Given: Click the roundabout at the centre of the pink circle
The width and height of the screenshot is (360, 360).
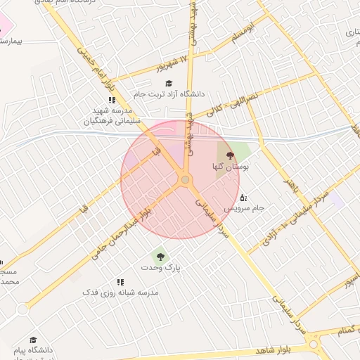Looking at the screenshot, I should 185,181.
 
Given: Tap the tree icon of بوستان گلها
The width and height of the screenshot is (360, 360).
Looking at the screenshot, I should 230,155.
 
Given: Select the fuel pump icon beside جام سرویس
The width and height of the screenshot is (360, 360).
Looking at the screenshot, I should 243,198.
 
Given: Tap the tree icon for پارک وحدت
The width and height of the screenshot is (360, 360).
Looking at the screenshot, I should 160,257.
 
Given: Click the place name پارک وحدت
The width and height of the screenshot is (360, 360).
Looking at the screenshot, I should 155,268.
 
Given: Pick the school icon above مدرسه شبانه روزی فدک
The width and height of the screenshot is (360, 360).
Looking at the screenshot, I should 121,281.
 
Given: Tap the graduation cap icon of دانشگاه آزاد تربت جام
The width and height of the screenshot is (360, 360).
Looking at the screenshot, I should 169,84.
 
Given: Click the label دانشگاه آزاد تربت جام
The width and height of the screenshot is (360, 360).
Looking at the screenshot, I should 172,94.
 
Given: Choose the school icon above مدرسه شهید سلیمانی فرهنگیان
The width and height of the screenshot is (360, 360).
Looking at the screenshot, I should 112,101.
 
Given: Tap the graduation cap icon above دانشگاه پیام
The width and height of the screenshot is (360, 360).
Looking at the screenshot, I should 32,340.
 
